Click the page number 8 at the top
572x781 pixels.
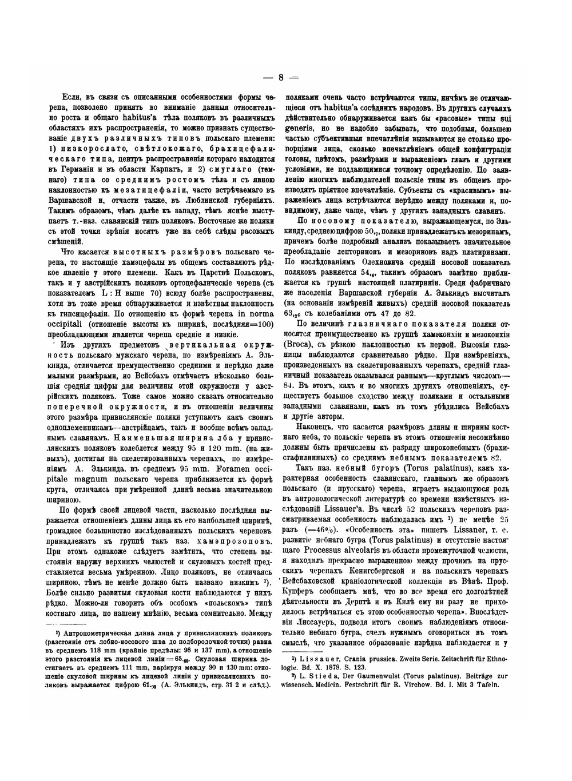tap(281, 78)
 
